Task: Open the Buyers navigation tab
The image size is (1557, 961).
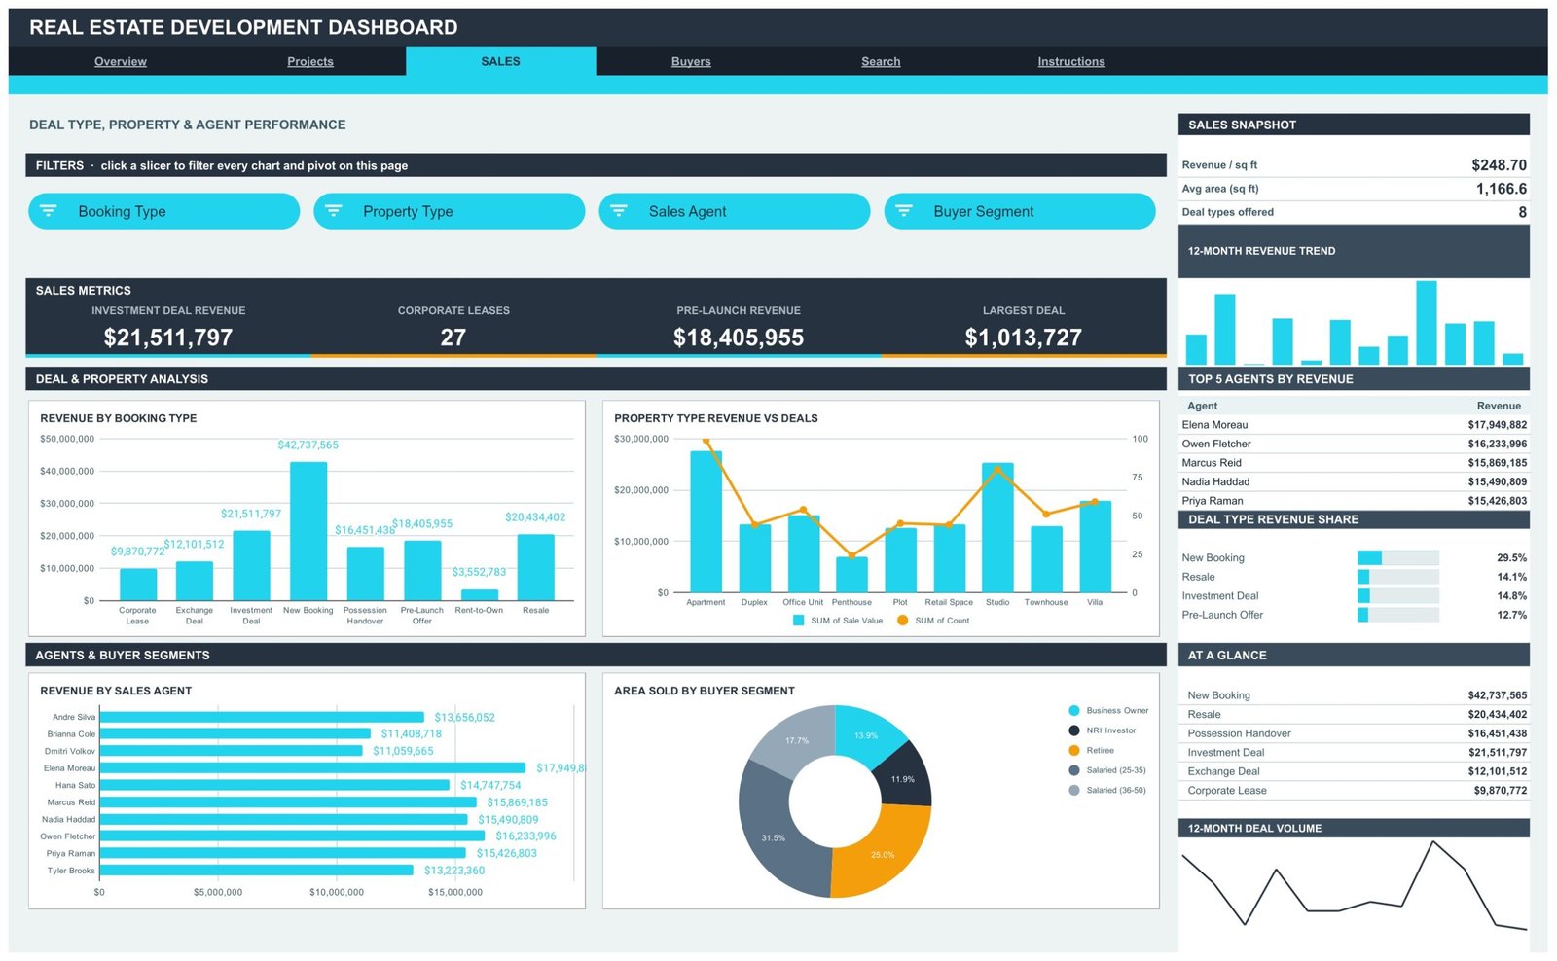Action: pyautogui.click(x=690, y=61)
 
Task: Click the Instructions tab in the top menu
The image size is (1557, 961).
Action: pyautogui.click(x=1071, y=61)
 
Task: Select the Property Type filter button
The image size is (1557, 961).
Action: pyautogui.click(x=449, y=211)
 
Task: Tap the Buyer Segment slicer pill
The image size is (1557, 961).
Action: pyautogui.click(x=1020, y=211)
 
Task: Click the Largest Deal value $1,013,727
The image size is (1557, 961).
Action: pyautogui.click(x=1023, y=337)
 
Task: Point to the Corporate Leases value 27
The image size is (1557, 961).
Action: pyautogui.click(x=453, y=337)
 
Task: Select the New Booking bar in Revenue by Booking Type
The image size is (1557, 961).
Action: pyautogui.click(x=308, y=531)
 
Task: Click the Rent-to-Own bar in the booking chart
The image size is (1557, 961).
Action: pyautogui.click(x=479, y=595)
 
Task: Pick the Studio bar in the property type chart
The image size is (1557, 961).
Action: pyautogui.click(x=997, y=527)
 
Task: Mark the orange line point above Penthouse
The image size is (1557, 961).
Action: pyautogui.click(x=851, y=556)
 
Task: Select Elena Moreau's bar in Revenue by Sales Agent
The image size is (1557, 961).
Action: pyautogui.click(x=312, y=767)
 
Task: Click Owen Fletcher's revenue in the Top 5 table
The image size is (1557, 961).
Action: pyautogui.click(x=1498, y=444)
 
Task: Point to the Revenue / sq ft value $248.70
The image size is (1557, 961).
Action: pyautogui.click(x=1500, y=164)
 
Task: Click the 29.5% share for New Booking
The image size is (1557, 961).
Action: pyautogui.click(x=1511, y=557)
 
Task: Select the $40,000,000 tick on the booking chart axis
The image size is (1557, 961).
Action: pyautogui.click(x=67, y=471)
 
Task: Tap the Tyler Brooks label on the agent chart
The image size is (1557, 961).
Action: pyautogui.click(x=71, y=870)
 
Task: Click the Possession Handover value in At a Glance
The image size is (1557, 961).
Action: pyautogui.click(x=1498, y=733)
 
